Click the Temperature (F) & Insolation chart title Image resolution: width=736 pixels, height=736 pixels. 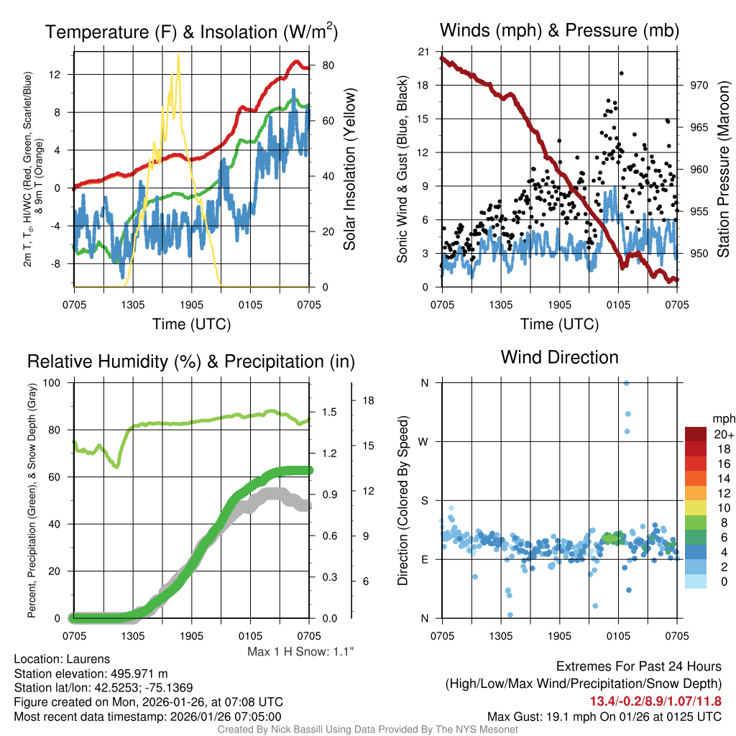[191, 32]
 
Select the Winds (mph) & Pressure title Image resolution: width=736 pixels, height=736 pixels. [559, 30]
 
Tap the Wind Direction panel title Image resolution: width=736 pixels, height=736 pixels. [559, 357]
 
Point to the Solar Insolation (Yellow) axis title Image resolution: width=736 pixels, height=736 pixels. [350, 170]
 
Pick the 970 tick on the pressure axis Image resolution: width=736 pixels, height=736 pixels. [699, 85]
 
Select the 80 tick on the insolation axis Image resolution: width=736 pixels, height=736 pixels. [328, 65]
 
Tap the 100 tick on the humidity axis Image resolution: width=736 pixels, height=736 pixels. [52, 382]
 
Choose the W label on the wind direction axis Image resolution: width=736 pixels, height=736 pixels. [424, 441]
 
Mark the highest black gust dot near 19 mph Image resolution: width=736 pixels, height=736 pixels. [621, 73]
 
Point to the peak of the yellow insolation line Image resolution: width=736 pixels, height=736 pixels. [178, 55]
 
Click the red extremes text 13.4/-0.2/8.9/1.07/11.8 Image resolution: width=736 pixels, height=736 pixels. [655, 701]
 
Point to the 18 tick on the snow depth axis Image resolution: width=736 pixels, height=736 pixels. [370, 400]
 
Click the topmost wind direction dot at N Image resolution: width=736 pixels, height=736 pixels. [626, 383]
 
